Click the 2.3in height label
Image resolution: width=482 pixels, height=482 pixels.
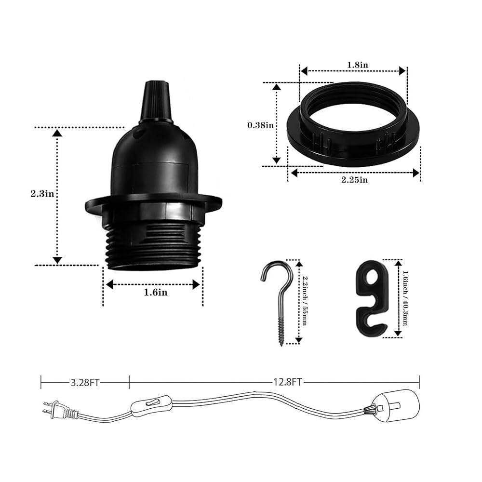click(x=42, y=194)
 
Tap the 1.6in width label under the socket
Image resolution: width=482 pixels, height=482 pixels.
click(x=156, y=293)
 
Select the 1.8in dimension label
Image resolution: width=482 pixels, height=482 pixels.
click(x=358, y=65)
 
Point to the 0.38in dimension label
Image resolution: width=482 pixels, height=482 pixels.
click(x=261, y=125)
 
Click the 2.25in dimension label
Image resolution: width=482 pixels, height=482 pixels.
click(x=354, y=180)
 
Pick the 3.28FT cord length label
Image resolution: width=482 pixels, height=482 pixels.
click(x=85, y=383)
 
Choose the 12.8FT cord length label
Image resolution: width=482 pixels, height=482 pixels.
click(x=288, y=382)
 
